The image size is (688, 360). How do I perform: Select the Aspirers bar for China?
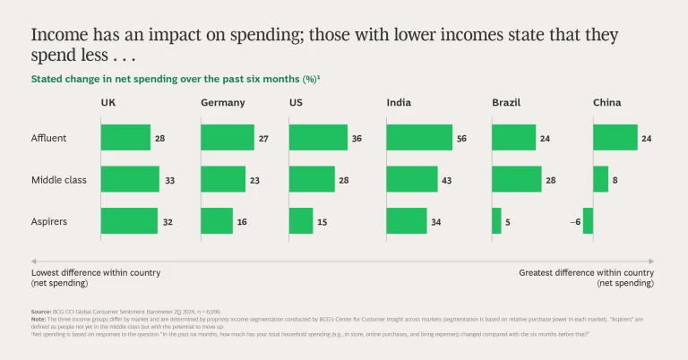[x=588, y=220]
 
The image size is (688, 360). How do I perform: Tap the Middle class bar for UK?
[x=130, y=179]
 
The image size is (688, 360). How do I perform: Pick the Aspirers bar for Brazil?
[x=496, y=220]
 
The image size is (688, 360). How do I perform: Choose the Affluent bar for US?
[x=318, y=137]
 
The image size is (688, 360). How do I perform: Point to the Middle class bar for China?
[x=600, y=179]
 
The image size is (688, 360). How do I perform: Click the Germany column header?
[x=222, y=103]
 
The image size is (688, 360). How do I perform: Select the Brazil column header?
[x=506, y=103]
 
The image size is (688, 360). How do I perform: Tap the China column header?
[x=606, y=103]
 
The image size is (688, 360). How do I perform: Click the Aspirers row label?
[x=49, y=221]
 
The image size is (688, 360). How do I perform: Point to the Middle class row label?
[x=58, y=180]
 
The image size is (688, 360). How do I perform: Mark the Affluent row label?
[x=48, y=138]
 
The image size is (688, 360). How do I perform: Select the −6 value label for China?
[x=573, y=221]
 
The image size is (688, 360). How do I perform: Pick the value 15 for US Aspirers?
[x=324, y=221]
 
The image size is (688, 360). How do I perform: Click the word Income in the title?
[x=58, y=36]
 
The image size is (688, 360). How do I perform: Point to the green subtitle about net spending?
[x=176, y=79]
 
